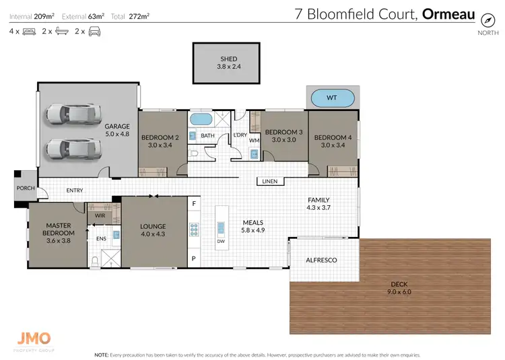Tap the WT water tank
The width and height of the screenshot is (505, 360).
click(x=331, y=98)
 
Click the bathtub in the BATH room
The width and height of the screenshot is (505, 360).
click(x=201, y=120)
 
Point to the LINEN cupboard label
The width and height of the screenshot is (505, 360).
click(x=269, y=182)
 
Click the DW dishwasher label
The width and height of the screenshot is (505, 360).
click(x=221, y=241)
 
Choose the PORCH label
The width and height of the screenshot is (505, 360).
click(x=25, y=188)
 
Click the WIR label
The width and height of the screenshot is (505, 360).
click(x=100, y=215)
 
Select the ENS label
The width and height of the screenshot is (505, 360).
click(x=101, y=238)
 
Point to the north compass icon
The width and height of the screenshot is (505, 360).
click(x=483, y=21)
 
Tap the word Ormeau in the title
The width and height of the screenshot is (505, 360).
click(x=448, y=14)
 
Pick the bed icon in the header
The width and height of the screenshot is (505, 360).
click(x=29, y=31)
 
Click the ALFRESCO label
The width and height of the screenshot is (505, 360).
click(x=321, y=260)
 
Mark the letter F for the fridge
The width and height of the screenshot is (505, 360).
click(x=194, y=203)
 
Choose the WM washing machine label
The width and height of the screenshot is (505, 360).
click(x=255, y=140)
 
